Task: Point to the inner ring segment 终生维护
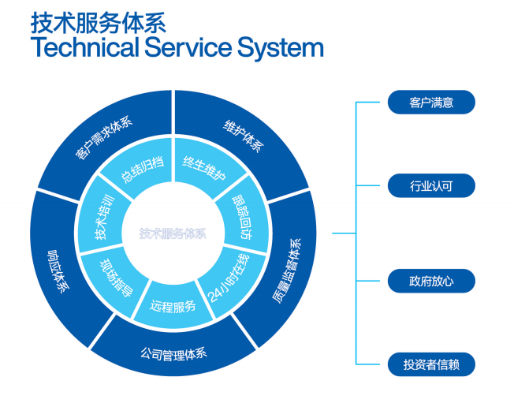tap(204, 168)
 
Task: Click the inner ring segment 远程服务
tap(173, 304)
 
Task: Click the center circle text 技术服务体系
tap(173, 233)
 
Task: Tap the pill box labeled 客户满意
tap(430, 103)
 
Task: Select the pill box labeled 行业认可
tap(430, 186)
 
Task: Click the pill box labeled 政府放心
tap(430, 281)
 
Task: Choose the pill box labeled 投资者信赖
tap(430, 364)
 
